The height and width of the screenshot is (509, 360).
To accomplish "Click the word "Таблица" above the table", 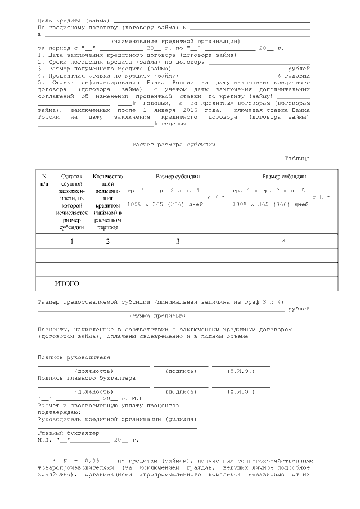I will point(297,159).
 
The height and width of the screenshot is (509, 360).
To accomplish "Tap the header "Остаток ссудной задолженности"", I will point(72,202).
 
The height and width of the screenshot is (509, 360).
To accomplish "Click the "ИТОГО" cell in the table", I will point(67,283).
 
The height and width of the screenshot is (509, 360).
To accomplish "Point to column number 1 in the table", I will point(72,241).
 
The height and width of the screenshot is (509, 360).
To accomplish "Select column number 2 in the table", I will point(107,241).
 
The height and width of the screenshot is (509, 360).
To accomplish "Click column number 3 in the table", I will point(177,241).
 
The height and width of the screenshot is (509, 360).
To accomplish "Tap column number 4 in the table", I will point(283,241).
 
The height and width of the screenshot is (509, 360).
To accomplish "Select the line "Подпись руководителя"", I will point(74,357).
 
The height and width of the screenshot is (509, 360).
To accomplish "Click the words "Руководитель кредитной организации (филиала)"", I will point(117,419).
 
